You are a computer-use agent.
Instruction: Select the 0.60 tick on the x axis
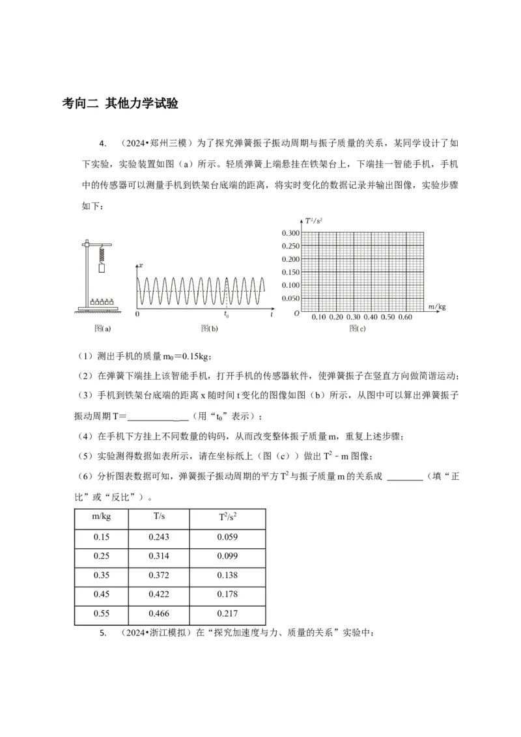pyautogui.click(x=405, y=316)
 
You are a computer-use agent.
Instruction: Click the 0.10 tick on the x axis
pyautogui.click(x=319, y=316)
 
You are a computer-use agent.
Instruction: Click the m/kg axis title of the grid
pyautogui.click(x=437, y=305)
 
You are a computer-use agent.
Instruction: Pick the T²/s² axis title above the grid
pyautogui.click(x=315, y=222)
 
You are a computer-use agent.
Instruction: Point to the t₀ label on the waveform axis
pyautogui.click(x=226, y=315)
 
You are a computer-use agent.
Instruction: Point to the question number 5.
pyautogui.click(x=103, y=633)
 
